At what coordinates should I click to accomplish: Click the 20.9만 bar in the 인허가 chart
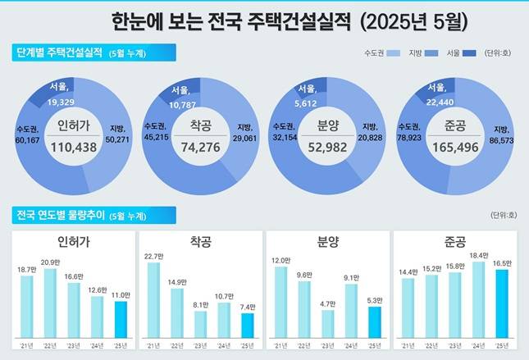[x=50, y=303]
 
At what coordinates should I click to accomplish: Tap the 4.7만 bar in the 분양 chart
[x=327, y=323]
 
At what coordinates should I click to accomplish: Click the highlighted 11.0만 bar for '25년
[x=121, y=318]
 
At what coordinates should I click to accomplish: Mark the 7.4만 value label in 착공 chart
[x=247, y=307]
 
